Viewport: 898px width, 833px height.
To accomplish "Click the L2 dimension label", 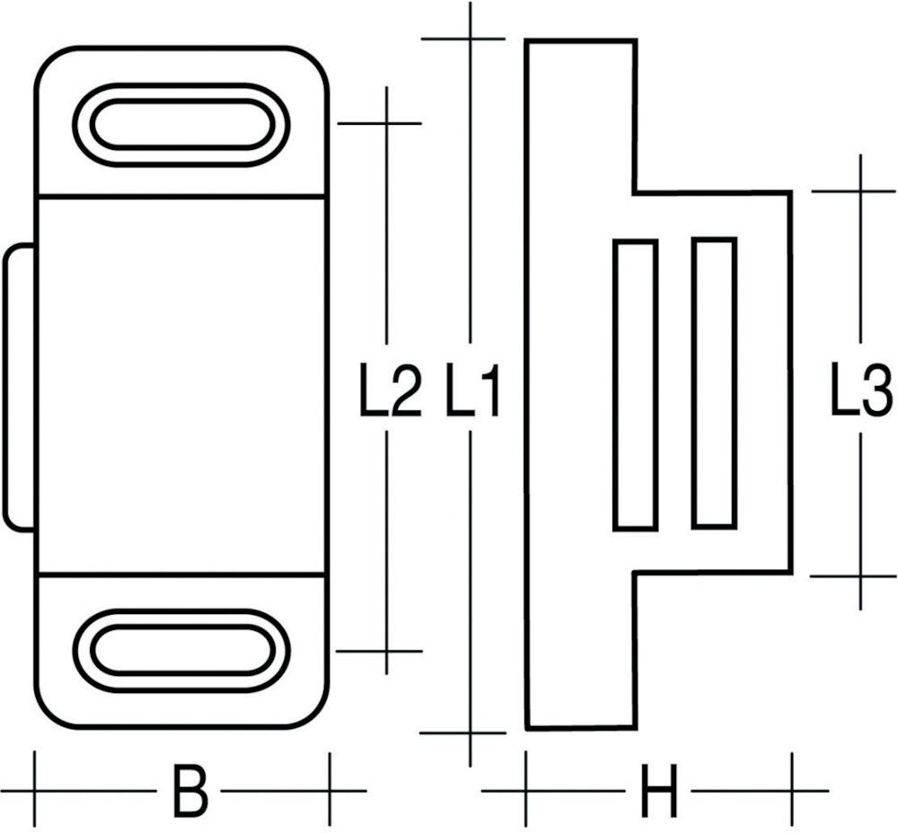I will click(x=390, y=393).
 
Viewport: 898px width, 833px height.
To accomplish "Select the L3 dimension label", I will click(x=859, y=392).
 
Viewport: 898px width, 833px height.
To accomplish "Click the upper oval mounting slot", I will click(x=180, y=125).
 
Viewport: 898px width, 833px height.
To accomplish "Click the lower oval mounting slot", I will click(x=180, y=651).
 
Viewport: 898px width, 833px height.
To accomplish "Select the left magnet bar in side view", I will click(x=636, y=384).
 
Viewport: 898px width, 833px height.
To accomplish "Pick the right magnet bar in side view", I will click(x=715, y=383).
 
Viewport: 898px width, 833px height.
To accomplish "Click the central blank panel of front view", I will click(x=180, y=384).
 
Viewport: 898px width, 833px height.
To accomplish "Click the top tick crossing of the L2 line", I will click(x=387, y=123).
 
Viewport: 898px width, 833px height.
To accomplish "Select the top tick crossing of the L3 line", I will click(x=859, y=191).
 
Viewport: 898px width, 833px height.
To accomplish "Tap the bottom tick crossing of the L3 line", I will click(x=859, y=575).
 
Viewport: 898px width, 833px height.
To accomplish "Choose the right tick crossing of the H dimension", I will click(x=792, y=791).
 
